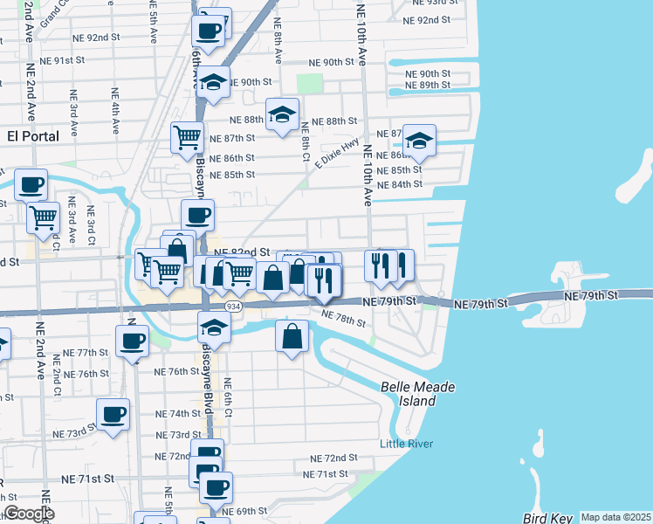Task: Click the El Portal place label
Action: pyautogui.click(x=32, y=136)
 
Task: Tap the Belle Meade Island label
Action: pyautogui.click(x=408, y=394)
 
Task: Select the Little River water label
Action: pyautogui.click(x=406, y=444)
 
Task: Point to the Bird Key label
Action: pyautogui.click(x=545, y=519)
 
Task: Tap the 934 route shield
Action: pyautogui.click(x=232, y=307)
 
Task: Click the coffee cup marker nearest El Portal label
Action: pyautogui.click(x=31, y=183)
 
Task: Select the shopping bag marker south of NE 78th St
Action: pyautogui.click(x=292, y=335)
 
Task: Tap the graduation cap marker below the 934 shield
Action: pyautogui.click(x=213, y=327)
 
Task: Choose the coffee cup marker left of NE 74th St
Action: pyautogui.click(x=113, y=415)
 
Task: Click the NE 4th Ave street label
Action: pyautogui.click(x=114, y=108)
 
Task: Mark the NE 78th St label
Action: pyautogui.click(x=343, y=319)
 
